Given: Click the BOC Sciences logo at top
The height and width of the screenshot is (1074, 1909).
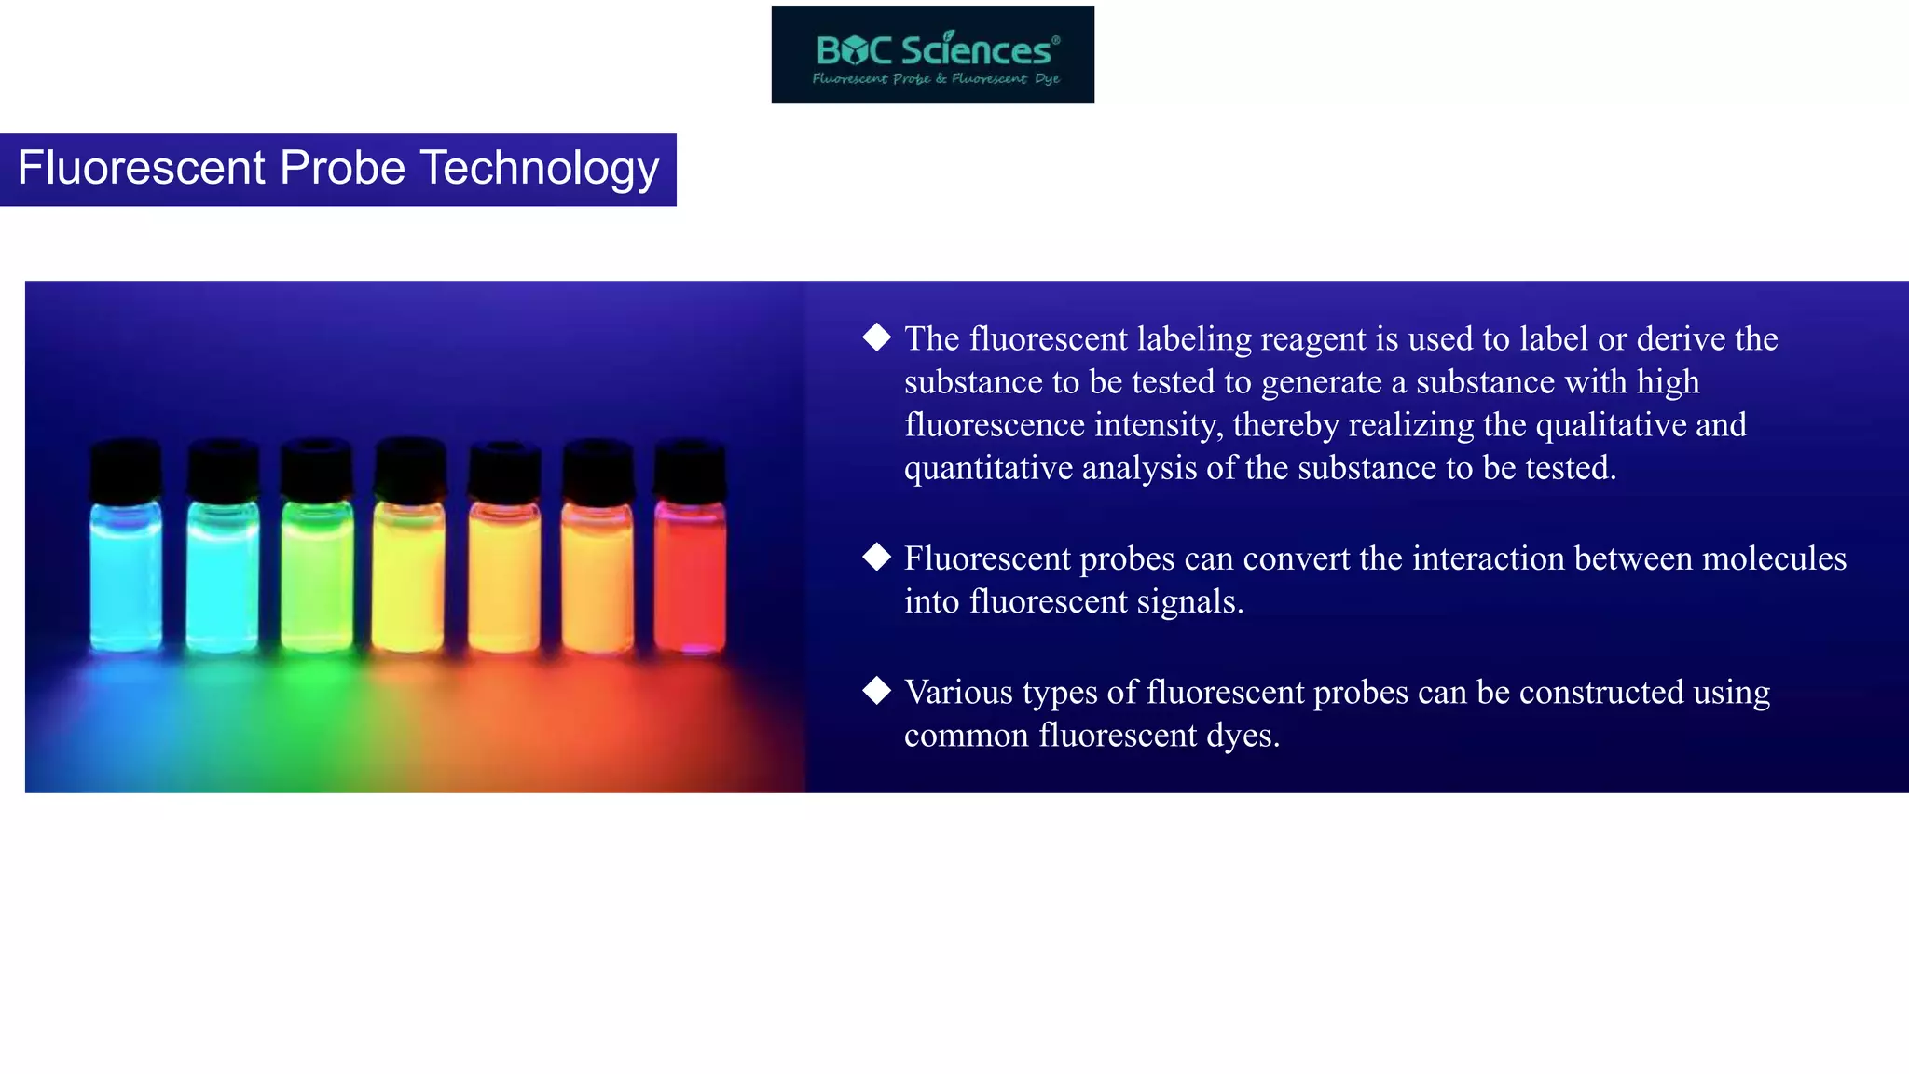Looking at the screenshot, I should click(932, 54).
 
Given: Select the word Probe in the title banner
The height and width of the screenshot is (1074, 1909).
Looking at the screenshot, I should click(342, 169).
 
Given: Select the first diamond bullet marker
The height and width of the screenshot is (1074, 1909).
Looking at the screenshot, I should click(876, 337).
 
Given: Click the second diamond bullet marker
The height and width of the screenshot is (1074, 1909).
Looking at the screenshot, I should click(876, 557).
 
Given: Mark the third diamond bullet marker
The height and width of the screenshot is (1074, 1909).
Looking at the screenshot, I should click(876, 691).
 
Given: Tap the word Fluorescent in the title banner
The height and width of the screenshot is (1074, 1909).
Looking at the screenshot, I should click(142, 169).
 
